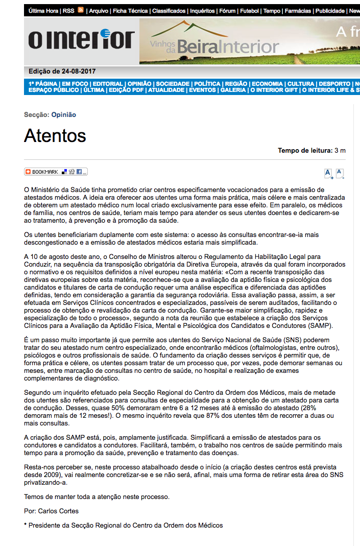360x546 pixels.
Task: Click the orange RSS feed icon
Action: coord(81,10)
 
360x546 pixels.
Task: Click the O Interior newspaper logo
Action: coord(81,40)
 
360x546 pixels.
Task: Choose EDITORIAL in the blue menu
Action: coord(108,84)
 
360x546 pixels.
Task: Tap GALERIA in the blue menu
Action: coord(233,90)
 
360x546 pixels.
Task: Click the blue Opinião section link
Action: coord(64,115)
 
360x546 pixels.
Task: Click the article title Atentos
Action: coord(55,136)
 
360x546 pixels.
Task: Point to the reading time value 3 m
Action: coord(340,151)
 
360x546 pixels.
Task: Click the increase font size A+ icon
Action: coord(328,174)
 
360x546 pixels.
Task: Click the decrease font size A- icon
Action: coord(340,174)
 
